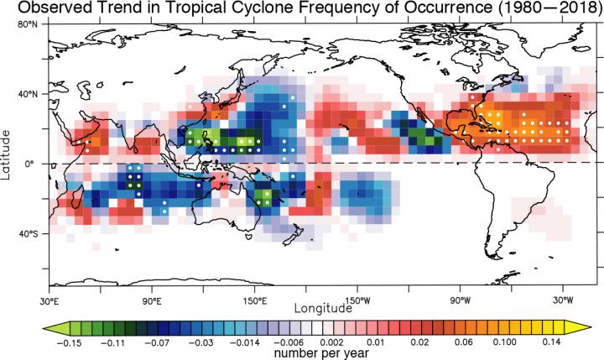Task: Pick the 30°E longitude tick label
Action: click(49, 300)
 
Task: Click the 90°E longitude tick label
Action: click(152, 300)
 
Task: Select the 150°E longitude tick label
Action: click(254, 300)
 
